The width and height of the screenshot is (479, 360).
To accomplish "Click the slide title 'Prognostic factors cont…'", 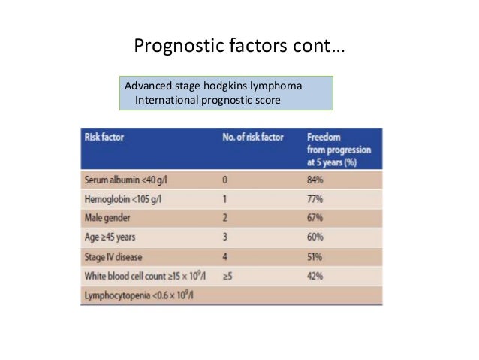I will click(x=239, y=47).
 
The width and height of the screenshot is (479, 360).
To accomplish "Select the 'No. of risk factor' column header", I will click(x=255, y=138).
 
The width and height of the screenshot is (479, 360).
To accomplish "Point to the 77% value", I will click(x=316, y=202).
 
